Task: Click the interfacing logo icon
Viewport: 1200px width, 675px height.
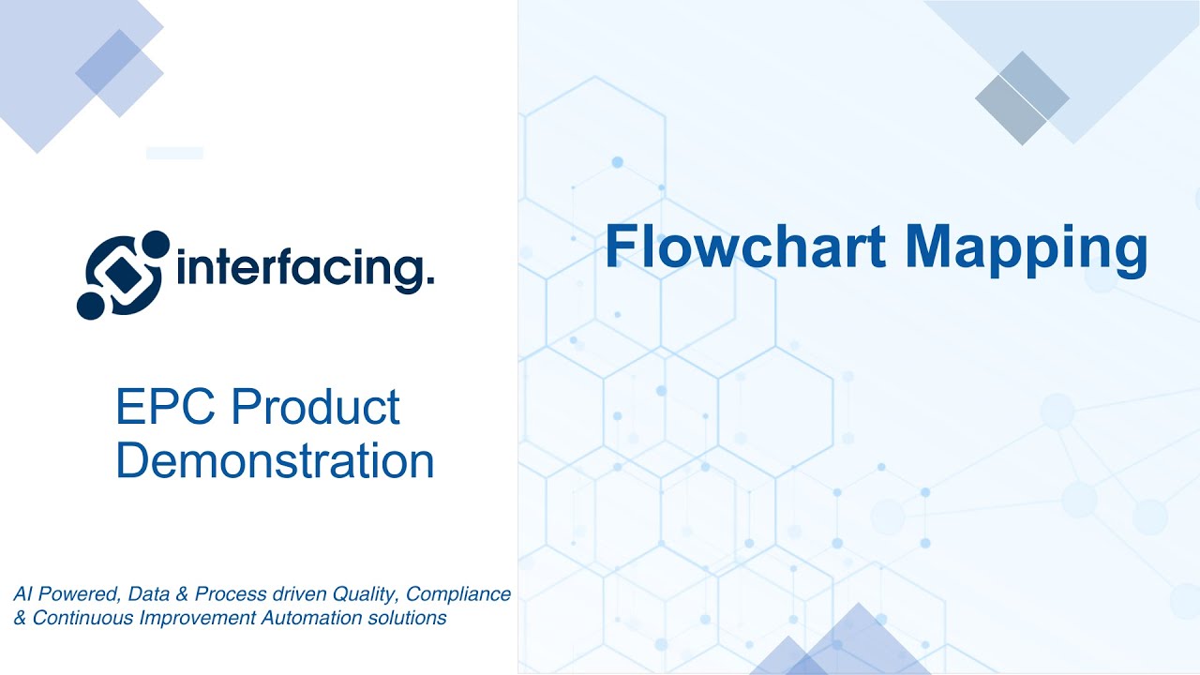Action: tap(124, 274)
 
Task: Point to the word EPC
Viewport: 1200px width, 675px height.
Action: tap(163, 408)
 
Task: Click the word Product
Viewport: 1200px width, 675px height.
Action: tap(316, 408)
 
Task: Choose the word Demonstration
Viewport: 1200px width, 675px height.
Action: tap(275, 461)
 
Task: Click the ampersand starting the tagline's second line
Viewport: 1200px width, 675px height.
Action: tap(20, 618)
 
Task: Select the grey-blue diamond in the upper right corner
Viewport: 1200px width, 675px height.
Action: tap(1022, 97)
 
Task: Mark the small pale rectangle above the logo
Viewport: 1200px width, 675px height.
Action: tap(174, 153)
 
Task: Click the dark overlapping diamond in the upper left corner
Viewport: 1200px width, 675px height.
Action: tap(109, 62)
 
